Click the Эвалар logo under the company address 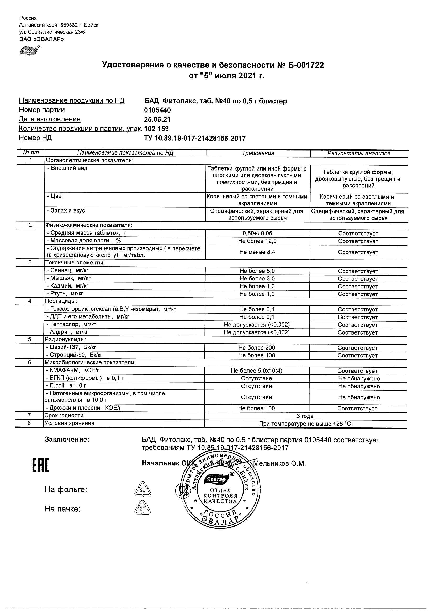(30, 51)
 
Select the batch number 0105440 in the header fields (157, 110)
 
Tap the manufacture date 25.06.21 (157, 119)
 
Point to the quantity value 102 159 (156, 129)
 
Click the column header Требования (258, 153)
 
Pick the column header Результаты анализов (359, 153)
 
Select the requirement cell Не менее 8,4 (257, 252)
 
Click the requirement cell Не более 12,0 (257, 241)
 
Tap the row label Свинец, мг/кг (69, 271)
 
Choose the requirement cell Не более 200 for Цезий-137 (256, 348)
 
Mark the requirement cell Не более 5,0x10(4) (256, 371)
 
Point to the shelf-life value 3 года (305, 416)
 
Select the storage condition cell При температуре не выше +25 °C (305, 424)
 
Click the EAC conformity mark (41, 465)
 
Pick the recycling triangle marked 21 (142, 509)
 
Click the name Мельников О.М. (279, 463)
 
